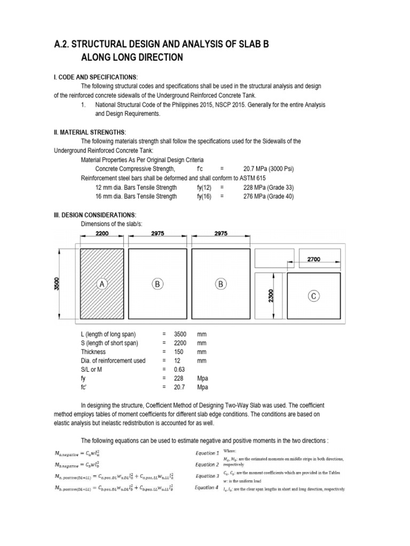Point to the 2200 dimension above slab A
(x=102, y=233)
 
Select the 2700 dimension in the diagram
(x=313, y=260)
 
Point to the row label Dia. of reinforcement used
(x=113, y=360)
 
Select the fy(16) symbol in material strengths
(x=205, y=196)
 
